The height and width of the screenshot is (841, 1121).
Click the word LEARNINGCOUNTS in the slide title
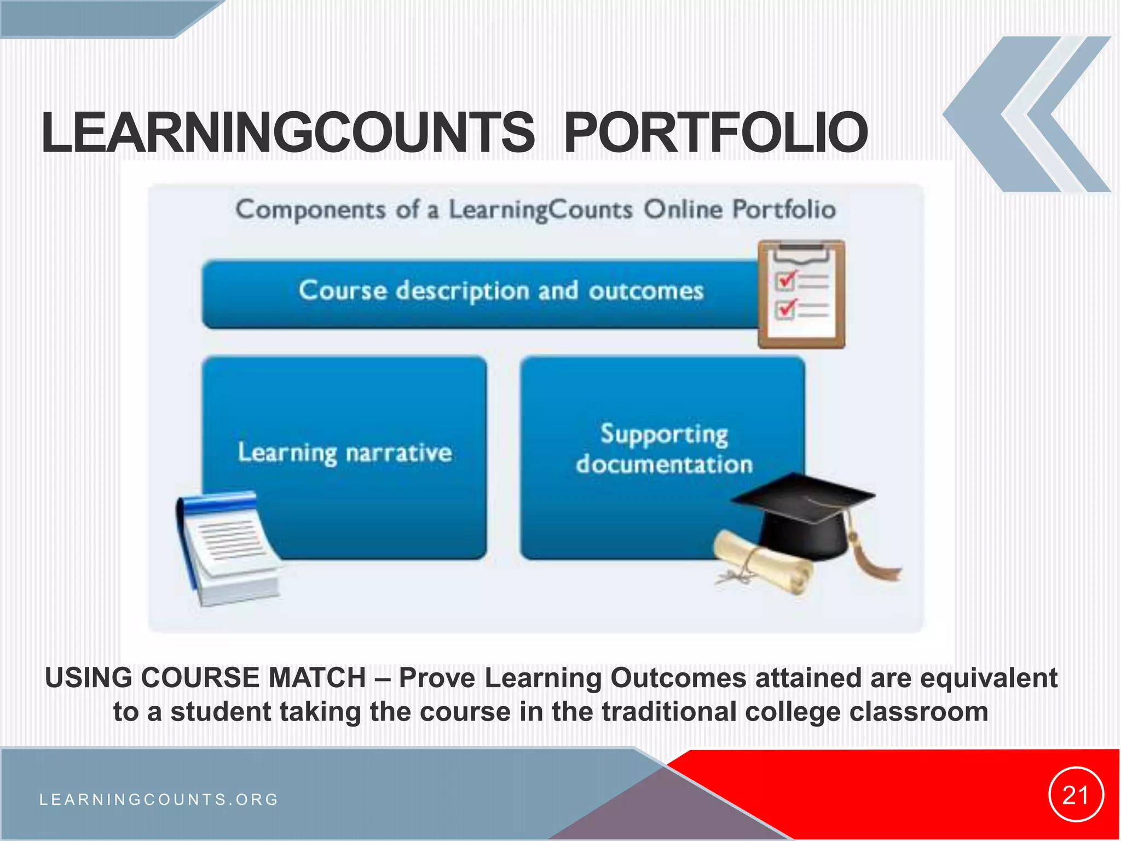coord(288,133)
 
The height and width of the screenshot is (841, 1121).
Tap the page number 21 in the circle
coord(1076,795)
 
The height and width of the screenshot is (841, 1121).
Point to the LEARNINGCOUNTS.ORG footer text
coord(159,799)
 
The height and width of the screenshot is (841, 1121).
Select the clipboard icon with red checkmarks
coord(801,294)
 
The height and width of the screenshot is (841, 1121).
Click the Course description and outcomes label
coord(501,290)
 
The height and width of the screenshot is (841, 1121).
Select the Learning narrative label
coord(345,453)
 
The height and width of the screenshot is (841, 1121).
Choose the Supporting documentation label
coord(664,449)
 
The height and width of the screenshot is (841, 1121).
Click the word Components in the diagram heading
coord(311,210)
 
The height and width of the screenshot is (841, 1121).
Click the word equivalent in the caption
coord(989,678)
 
